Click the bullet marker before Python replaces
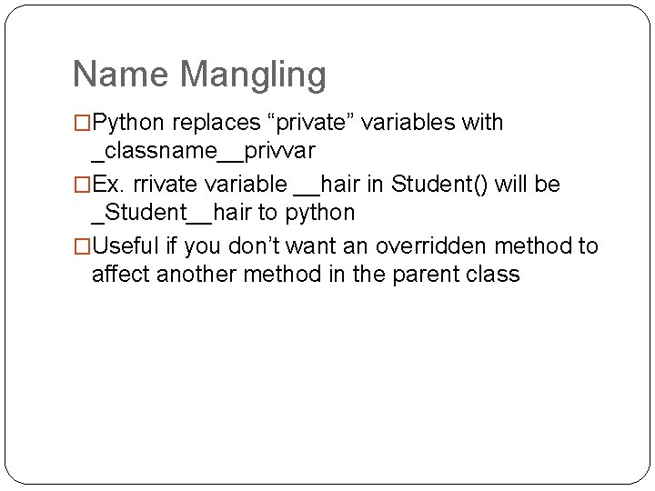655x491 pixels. point(82,123)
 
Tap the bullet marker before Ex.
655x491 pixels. point(82,185)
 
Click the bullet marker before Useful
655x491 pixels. point(82,246)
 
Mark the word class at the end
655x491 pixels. point(493,275)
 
